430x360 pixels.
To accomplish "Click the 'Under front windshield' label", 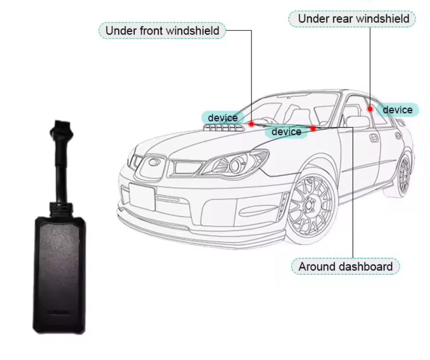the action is (x=162, y=30).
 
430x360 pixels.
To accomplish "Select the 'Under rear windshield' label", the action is (x=352, y=19).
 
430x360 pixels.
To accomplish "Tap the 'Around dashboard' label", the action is (x=345, y=267).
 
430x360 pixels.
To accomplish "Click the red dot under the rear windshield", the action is (x=370, y=109).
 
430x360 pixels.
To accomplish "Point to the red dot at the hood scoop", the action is (x=251, y=124).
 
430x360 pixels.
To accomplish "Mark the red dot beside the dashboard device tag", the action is (x=313, y=128).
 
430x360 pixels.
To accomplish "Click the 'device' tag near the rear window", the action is (x=398, y=110).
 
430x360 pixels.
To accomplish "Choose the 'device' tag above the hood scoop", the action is (x=223, y=118).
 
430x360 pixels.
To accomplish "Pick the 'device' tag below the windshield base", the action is (x=286, y=132).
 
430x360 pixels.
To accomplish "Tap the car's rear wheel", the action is (x=403, y=175).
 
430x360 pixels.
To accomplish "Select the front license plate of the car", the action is (x=142, y=197).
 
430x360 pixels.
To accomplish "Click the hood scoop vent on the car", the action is (x=224, y=128).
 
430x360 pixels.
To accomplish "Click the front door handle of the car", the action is (x=374, y=138).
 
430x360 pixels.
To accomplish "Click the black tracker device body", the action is (x=59, y=275).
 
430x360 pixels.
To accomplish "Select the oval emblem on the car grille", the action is (x=154, y=162).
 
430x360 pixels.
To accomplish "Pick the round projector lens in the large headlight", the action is (x=235, y=165).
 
